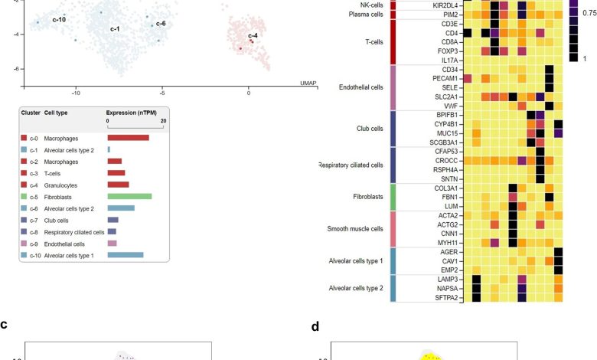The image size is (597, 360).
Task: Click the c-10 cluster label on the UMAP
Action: tap(58, 18)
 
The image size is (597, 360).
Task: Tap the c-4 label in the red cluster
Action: tap(253, 36)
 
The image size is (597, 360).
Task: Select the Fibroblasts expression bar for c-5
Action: tap(129, 196)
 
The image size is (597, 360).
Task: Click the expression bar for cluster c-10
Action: tap(126, 255)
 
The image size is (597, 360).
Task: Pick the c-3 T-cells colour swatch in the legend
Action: tap(24, 172)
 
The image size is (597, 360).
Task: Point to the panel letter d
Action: tap(315, 326)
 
